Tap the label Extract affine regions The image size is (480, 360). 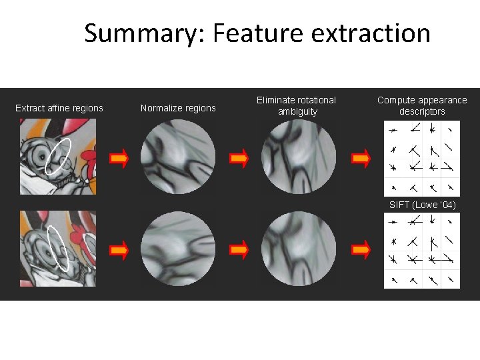[x=59, y=108]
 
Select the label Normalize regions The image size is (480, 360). [x=178, y=108]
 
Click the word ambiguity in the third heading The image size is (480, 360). [x=297, y=111]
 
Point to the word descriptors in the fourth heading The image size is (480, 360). [x=422, y=111]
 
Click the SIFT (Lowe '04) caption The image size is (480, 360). [x=422, y=205]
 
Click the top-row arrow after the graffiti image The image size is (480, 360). [x=119, y=158]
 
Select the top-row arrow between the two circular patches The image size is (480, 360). [x=239, y=158]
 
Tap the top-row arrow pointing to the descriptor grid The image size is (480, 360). [x=361, y=158]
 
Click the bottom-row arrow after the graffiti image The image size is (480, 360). [x=119, y=250]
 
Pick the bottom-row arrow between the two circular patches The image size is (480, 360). [x=239, y=250]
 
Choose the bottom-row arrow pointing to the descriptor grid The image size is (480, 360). [x=361, y=250]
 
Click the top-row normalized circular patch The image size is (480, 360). [x=178, y=157]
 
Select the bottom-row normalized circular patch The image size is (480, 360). [x=178, y=249]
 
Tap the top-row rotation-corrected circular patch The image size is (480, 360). [x=299, y=157]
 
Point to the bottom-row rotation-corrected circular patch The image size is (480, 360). [x=299, y=249]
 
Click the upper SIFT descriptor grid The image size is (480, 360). [x=422, y=158]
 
